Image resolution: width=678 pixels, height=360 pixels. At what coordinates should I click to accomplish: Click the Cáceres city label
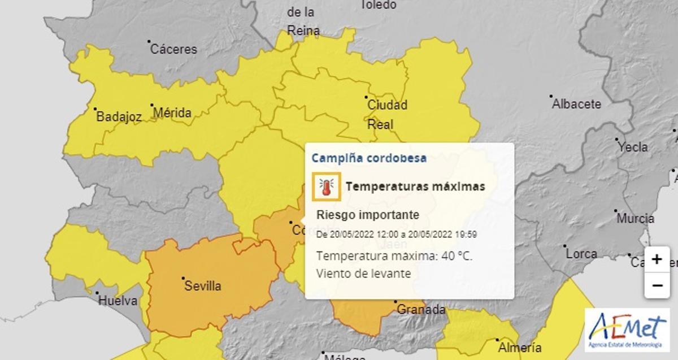(173, 49)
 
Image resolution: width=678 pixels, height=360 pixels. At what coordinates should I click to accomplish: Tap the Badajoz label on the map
(119, 118)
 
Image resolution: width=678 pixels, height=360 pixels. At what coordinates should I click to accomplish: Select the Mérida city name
(172, 113)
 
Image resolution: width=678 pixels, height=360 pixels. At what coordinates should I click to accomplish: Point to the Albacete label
(576, 105)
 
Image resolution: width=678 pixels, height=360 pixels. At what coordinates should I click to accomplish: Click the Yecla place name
(633, 147)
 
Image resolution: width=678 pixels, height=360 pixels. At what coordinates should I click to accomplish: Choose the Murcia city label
(636, 219)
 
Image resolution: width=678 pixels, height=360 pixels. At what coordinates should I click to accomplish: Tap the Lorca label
(581, 254)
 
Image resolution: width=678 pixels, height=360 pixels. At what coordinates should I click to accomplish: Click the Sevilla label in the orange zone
(203, 286)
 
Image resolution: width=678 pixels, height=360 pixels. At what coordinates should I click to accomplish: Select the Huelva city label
(118, 301)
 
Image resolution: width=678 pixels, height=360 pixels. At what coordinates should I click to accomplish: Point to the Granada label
(421, 310)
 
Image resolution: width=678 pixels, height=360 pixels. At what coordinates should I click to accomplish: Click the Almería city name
(519, 348)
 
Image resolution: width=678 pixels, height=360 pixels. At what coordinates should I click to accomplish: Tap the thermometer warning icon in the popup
(326, 186)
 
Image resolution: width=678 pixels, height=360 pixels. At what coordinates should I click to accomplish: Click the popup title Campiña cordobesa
(369, 158)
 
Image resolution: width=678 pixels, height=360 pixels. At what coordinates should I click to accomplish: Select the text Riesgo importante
(368, 215)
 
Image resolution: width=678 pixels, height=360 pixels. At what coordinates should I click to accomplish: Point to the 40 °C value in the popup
(457, 256)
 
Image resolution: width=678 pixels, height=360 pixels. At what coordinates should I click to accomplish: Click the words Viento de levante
(363, 274)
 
